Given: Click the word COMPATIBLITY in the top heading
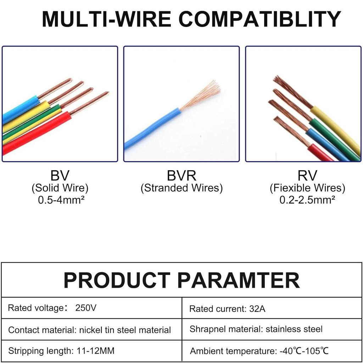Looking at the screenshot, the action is (259, 19).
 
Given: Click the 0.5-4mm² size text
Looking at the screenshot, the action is (61, 200).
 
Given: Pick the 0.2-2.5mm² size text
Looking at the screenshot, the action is (307, 200).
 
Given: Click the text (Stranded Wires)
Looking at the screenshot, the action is (182, 188).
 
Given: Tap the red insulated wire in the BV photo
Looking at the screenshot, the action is (37, 133).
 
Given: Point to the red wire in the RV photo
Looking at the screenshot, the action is (320, 153).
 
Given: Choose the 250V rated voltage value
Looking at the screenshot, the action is (86, 308).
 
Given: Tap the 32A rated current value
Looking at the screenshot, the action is (257, 309).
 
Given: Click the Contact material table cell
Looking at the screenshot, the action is (92, 329).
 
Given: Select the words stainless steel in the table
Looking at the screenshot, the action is (294, 329).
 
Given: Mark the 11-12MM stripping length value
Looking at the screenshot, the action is (95, 351).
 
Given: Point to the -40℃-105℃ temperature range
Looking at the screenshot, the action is (304, 351).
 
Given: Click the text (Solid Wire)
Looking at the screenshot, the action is (60, 188).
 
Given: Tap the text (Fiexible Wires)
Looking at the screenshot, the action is (307, 188).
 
